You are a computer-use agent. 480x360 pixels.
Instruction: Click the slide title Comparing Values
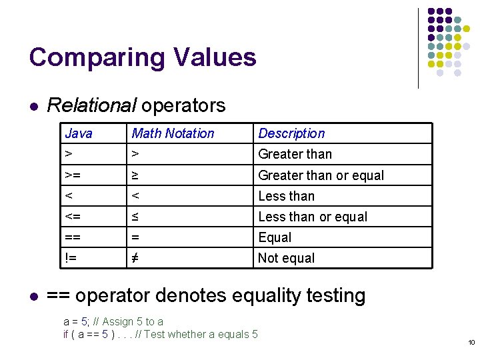point(143,57)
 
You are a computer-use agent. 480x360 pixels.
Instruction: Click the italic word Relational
point(91,105)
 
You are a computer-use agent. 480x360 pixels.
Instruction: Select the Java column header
point(79,133)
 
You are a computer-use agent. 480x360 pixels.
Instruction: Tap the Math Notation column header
point(173,133)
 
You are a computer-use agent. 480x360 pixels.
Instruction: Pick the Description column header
point(291,133)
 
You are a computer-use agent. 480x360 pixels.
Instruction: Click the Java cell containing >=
point(74,175)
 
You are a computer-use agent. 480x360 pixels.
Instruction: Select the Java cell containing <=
point(74,217)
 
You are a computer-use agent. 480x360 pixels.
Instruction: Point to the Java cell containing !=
point(71,258)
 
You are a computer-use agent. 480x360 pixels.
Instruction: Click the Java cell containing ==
point(74,237)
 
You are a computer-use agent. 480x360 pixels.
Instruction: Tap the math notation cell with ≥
point(135,175)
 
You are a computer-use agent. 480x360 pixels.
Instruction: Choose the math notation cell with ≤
point(135,217)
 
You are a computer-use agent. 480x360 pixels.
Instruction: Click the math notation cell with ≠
point(135,258)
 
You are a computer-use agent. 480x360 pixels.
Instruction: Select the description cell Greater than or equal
point(321,175)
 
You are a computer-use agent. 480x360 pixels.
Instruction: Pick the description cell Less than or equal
point(313,217)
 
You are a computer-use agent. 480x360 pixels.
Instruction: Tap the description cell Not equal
point(287,258)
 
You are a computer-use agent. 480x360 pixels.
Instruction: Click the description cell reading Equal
point(275,237)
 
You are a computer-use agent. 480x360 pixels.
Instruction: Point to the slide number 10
point(471,343)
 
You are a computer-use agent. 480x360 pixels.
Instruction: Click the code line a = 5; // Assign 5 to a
point(113,321)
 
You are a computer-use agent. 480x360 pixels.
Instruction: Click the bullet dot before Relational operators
point(33,106)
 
